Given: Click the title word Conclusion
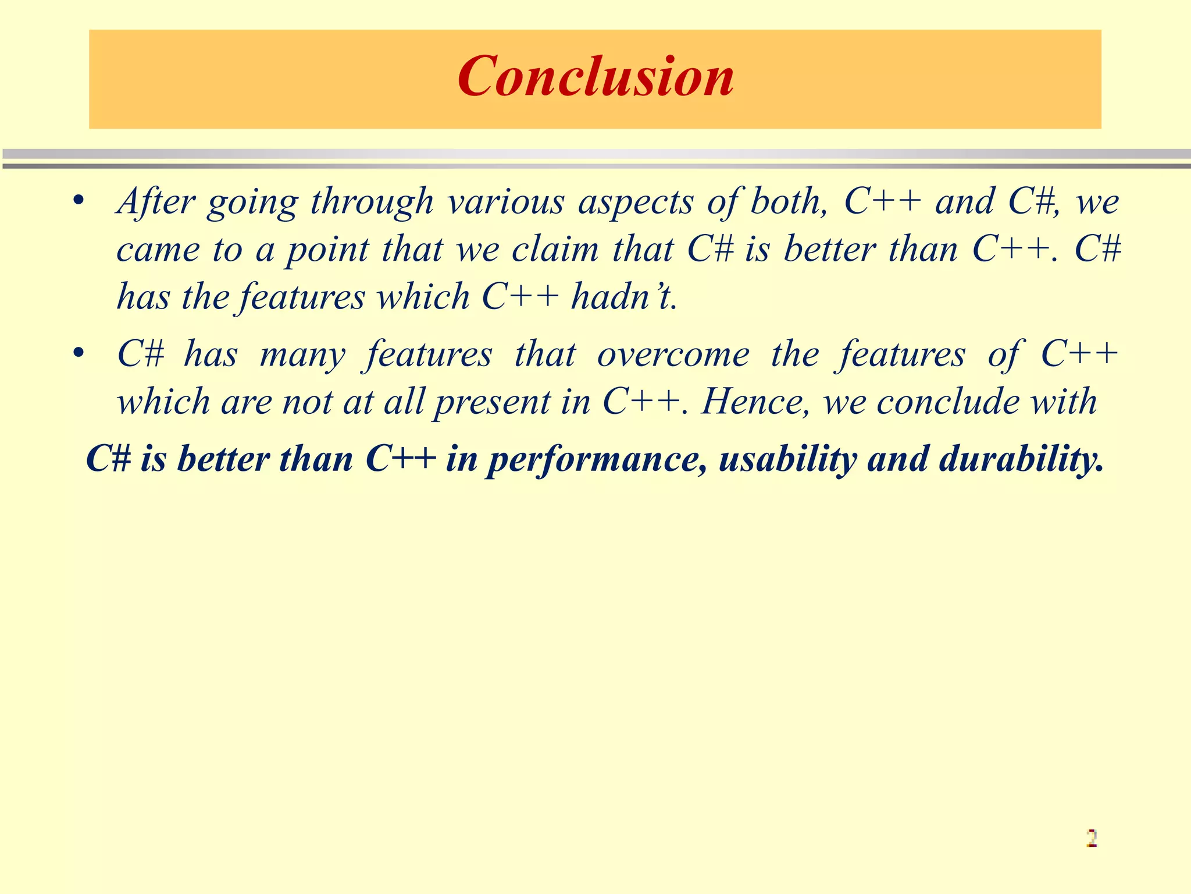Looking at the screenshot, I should pos(595,77).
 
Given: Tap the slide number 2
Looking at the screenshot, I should pos(1092,838).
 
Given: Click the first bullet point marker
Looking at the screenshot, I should pos(80,201).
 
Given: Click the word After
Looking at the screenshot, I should pos(156,202).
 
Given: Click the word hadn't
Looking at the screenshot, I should pos(623,297).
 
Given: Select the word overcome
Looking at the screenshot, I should pos(673,354).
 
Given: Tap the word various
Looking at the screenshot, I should pos(506,202).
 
